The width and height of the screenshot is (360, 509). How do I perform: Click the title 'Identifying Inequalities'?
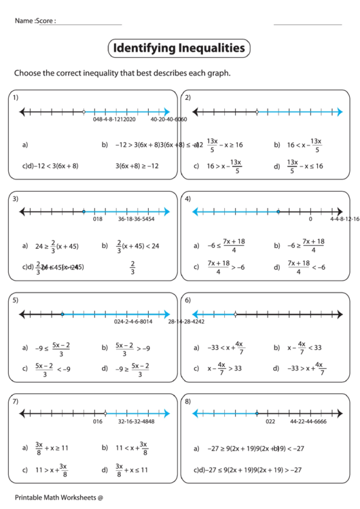pyautogui.click(x=179, y=48)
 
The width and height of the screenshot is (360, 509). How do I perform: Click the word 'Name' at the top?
pyautogui.click(x=23, y=21)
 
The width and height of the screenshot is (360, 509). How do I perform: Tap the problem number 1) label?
pyautogui.click(x=15, y=98)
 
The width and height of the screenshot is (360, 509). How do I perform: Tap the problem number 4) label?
pyautogui.click(x=187, y=198)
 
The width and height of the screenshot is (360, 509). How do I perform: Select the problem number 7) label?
pyautogui.click(x=15, y=402)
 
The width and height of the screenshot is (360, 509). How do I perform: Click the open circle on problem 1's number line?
pyautogui.click(x=84, y=111)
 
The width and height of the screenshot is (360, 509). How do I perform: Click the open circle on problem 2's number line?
pyautogui.click(x=256, y=111)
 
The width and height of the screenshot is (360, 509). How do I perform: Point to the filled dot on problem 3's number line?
pyautogui.click(x=84, y=212)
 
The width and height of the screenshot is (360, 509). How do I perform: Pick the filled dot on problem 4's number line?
pyautogui.click(x=278, y=212)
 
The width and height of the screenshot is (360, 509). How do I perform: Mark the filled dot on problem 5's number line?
pyautogui.click(x=62, y=314)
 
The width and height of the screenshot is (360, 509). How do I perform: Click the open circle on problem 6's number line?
pyautogui.click(x=235, y=314)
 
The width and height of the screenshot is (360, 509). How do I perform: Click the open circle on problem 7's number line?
pyautogui.click(x=105, y=413)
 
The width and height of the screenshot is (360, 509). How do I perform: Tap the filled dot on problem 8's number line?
pyautogui.click(x=256, y=413)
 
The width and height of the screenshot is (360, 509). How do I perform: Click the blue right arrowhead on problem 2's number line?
pyautogui.click(x=339, y=111)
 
